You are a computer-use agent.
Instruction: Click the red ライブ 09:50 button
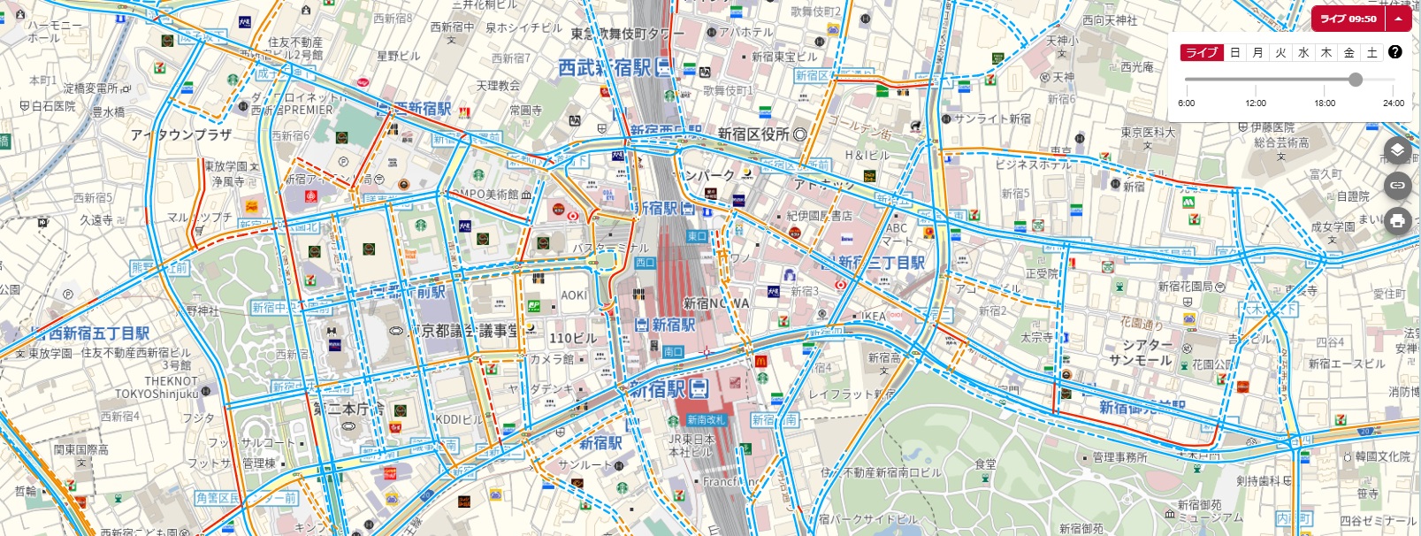1348,19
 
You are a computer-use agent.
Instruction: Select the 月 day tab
1257,53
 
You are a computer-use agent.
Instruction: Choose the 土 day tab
1371,53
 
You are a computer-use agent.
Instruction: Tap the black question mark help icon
1395,52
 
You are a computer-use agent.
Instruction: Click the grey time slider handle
1356,80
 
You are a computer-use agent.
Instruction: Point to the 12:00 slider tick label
1256,103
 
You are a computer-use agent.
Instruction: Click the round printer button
1397,220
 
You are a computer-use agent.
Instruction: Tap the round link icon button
1397,185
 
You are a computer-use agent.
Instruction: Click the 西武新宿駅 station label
604,67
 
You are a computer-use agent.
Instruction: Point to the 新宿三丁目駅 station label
881,263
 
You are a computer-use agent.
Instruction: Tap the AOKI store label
573,295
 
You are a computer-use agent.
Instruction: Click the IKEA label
873,316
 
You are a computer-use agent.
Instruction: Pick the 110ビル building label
572,338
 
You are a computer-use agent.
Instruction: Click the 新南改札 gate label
705,420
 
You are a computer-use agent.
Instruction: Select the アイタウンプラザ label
180,134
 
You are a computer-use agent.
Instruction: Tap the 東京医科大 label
1148,133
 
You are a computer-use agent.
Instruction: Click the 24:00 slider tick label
1394,103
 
